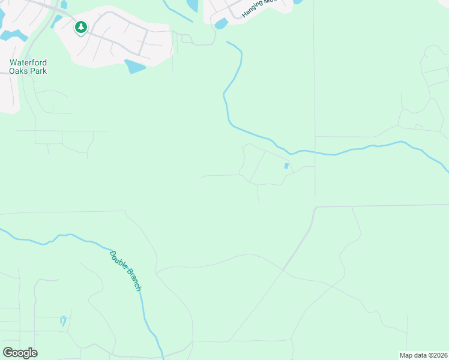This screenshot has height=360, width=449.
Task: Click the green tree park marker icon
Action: (x=81, y=28)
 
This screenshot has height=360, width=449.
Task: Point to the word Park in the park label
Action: (x=39, y=71)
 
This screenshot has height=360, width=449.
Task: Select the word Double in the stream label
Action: (x=117, y=259)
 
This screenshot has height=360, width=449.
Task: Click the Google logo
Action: (x=20, y=352)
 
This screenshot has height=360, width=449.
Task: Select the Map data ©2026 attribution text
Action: (x=423, y=355)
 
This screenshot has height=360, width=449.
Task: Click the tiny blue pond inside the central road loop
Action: (x=286, y=166)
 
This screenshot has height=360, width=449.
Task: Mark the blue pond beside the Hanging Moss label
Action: (x=221, y=23)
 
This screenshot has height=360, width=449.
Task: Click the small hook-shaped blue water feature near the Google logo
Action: (x=63, y=320)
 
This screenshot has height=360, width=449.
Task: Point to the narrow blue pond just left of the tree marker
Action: (x=56, y=21)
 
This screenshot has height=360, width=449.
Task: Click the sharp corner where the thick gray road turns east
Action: (x=315, y=208)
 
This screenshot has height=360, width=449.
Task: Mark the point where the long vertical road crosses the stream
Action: (x=315, y=151)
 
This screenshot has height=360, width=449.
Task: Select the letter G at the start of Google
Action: (x=8, y=352)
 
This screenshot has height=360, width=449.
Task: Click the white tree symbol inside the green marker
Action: (x=81, y=26)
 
